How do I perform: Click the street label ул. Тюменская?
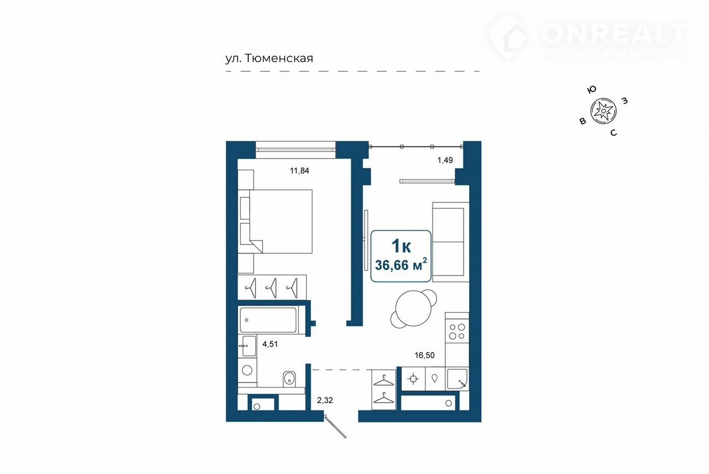(x=269, y=59)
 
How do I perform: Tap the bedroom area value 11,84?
(x=300, y=171)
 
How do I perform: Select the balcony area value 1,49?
(x=445, y=160)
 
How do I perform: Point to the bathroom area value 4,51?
(x=270, y=344)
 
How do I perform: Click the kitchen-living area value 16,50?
(x=424, y=355)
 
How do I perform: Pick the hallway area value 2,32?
(x=325, y=400)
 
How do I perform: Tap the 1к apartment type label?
(x=402, y=246)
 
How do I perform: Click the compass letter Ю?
(x=592, y=90)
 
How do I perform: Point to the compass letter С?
(x=613, y=132)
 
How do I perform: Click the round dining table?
(x=413, y=309)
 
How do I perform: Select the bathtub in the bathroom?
(x=268, y=320)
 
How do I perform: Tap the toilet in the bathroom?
(x=290, y=379)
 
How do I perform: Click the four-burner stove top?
(x=457, y=331)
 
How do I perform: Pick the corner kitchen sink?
(x=457, y=379)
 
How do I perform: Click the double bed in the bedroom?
(x=275, y=221)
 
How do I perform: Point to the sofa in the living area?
(x=451, y=242)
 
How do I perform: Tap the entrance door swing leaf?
(x=335, y=427)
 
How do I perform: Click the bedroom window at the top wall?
(x=295, y=150)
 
